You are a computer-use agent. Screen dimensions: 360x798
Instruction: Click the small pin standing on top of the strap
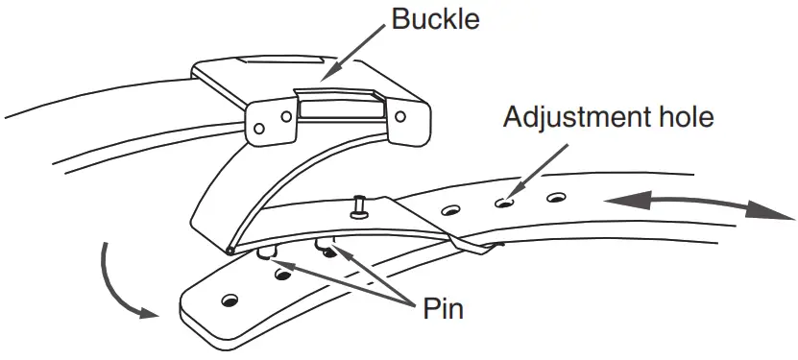[358, 204]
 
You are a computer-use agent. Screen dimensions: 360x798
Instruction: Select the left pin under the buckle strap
[266, 252]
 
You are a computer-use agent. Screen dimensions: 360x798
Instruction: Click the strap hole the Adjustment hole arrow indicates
[501, 203]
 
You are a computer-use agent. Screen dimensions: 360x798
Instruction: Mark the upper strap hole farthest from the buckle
[553, 198]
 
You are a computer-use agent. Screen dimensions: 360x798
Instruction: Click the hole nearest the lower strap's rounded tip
[230, 301]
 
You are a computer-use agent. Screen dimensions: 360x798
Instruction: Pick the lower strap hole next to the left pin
[282, 275]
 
